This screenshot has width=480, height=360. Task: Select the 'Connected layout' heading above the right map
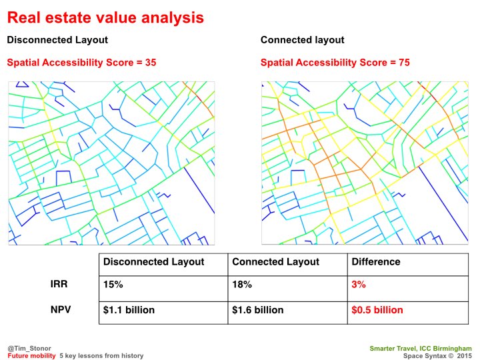click(302, 40)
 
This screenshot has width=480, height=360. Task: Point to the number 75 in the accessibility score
click(403, 63)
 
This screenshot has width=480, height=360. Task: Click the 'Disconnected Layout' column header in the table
click(153, 262)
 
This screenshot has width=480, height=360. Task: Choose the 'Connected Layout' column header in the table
click(275, 262)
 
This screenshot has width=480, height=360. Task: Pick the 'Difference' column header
click(376, 262)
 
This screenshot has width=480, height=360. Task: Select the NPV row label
click(61, 310)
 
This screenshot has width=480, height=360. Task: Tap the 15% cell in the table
click(113, 285)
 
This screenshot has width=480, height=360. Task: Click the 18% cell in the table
click(242, 285)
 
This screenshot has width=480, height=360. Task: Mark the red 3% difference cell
click(359, 285)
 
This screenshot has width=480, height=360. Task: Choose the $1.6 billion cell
click(258, 310)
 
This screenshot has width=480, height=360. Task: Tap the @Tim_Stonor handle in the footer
click(25, 348)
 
